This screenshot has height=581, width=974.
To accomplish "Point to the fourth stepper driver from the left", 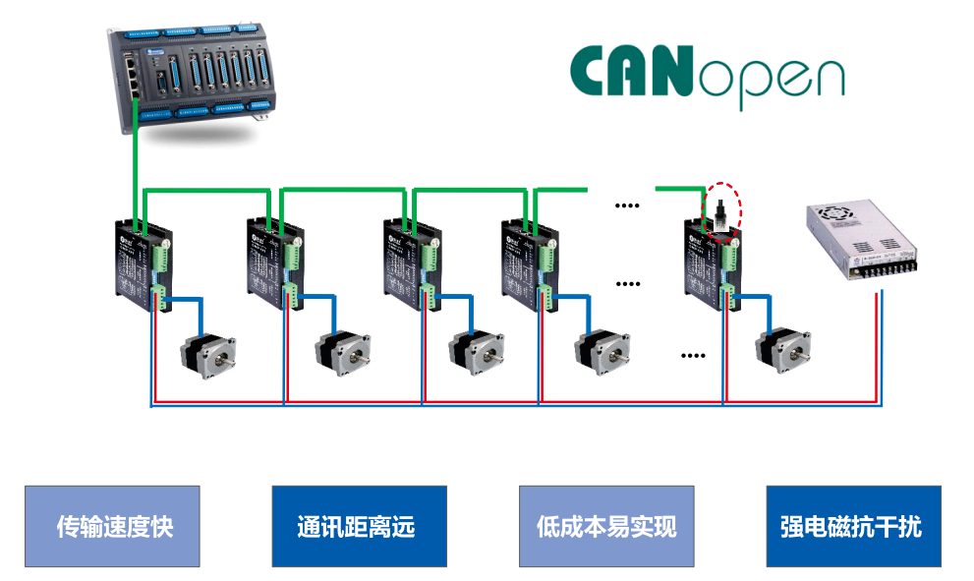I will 528,263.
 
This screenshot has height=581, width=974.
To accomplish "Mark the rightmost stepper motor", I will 783,355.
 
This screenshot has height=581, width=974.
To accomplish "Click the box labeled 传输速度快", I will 112,526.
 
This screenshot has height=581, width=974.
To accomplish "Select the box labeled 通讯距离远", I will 359,526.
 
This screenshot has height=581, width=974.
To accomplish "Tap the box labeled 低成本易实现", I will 606,526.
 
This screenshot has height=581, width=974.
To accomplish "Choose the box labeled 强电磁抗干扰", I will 853,526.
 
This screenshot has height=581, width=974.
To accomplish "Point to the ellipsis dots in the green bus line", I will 626,205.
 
